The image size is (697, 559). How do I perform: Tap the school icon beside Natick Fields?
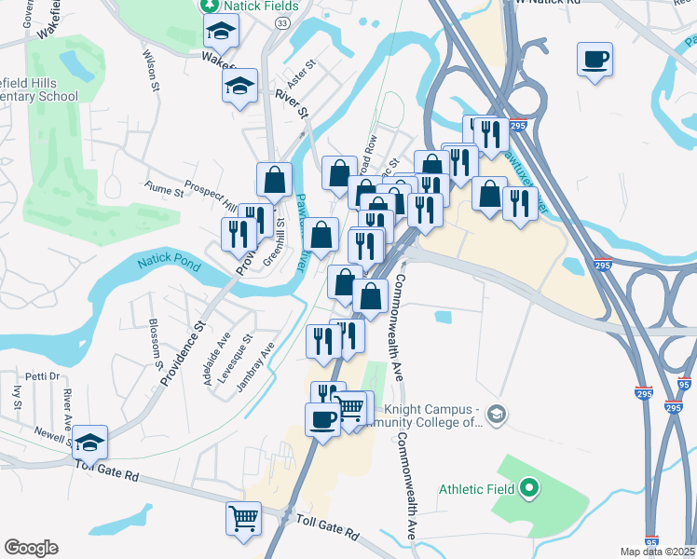tap(221, 33)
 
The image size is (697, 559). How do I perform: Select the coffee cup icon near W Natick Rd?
tap(594, 61)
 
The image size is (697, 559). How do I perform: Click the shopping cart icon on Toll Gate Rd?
tap(243, 517)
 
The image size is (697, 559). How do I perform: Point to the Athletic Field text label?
tap(477, 487)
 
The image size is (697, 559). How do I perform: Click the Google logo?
tap(31, 548)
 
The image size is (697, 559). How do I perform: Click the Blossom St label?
tap(154, 341)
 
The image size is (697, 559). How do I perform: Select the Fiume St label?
tap(164, 192)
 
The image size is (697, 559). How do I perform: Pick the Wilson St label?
tap(149, 66)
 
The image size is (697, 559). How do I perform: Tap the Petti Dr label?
tap(42, 377)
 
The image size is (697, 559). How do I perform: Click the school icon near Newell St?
tap(90, 441)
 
